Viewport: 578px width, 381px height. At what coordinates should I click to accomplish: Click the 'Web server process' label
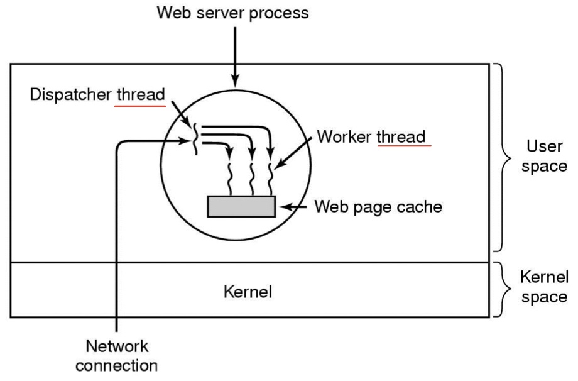click(232, 13)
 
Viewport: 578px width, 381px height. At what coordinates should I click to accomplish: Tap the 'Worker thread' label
click(371, 137)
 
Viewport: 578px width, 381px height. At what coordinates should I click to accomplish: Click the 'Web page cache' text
click(378, 207)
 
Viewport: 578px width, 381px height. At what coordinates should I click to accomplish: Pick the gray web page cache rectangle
click(241, 207)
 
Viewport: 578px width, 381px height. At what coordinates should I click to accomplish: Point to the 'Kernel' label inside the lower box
click(248, 292)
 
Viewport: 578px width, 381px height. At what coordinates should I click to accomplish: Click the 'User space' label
click(545, 156)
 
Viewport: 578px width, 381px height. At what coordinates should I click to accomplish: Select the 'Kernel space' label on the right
click(545, 287)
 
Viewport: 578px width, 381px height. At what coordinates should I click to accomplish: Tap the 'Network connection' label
click(116, 356)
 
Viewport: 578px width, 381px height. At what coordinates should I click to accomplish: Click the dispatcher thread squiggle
click(195, 139)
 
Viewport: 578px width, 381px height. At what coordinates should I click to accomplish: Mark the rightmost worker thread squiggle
click(271, 179)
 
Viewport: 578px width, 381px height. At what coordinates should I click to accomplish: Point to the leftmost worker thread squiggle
click(230, 179)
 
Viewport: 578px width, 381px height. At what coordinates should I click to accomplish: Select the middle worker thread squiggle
click(252, 179)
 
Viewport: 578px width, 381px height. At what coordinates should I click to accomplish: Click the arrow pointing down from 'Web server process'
click(235, 57)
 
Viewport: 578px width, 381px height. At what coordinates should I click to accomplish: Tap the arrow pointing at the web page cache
click(293, 207)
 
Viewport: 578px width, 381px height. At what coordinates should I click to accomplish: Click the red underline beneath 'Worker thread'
click(405, 146)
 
